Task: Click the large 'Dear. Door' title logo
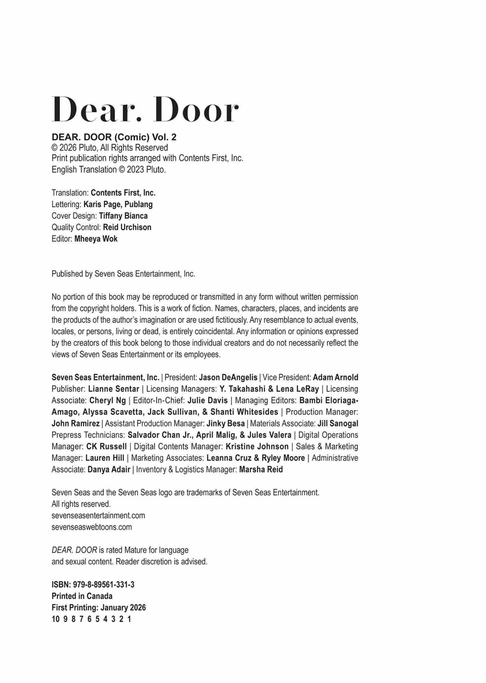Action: pyautogui.click(x=145, y=109)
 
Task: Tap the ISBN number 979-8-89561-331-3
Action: pyautogui.click(x=93, y=584)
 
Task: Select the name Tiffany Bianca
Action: pyautogui.click(x=123, y=216)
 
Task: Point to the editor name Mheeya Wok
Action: pyautogui.click(x=96, y=239)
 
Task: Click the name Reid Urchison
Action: pyautogui.click(x=127, y=227)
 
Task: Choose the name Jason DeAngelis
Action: pyautogui.click(x=228, y=377)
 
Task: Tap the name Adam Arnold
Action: pyautogui.click(x=335, y=377)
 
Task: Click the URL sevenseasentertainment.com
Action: pyautogui.click(x=98, y=515)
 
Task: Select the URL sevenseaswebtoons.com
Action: pyautogui.click(x=92, y=527)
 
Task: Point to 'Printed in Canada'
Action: pyautogui.click(x=82, y=596)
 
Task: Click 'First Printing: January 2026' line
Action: pyautogui.click(x=98, y=607)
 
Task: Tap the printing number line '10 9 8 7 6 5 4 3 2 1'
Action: pyautogui.click(x=91, y=619)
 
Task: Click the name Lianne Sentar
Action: pyautogui.click(x=114, y=389)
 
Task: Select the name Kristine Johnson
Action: pyautogui.click(x=257, y=446)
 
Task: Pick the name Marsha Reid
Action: pyautogui.click(x=261, y=469)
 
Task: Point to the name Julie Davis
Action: pyautogui.click(x=207, y=400)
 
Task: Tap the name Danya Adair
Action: pyautogui.click(x=109, y=469)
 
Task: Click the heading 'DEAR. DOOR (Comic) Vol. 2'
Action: pyautogui.click(x=114, y=137)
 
